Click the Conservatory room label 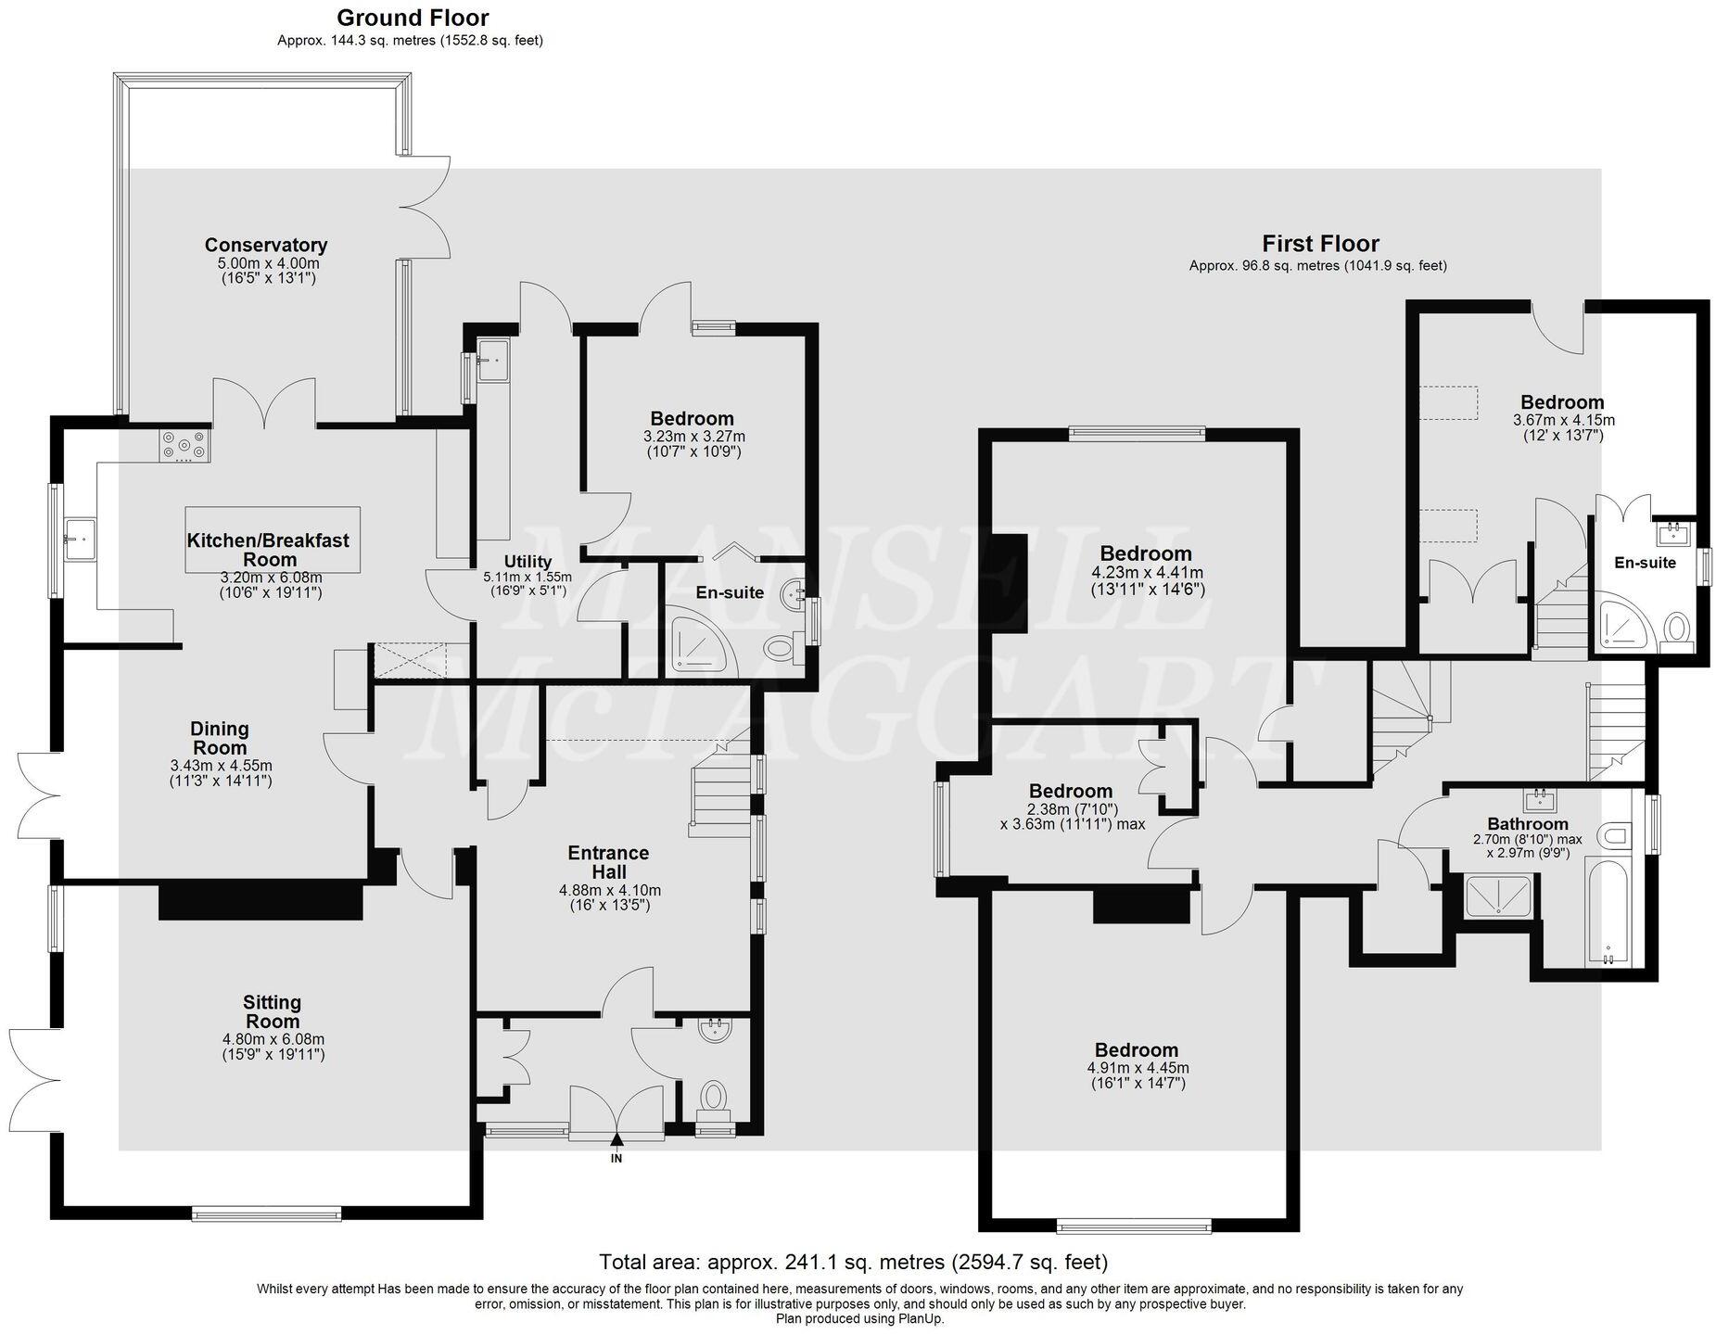pos(265,246)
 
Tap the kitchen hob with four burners pos(184,446)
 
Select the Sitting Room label pos(272,1011)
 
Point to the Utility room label pos(528,562)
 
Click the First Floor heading pos(1319,244)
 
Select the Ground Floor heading pos(412,18)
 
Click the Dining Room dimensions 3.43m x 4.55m pos(221,766)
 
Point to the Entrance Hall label pos(608,862)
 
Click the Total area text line pos(853,1262)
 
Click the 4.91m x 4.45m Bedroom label pos(1136,1050)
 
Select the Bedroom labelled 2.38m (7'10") pos(1070,792)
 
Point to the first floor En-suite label pos(1645,563)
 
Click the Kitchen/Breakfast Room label pos(268,550)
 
